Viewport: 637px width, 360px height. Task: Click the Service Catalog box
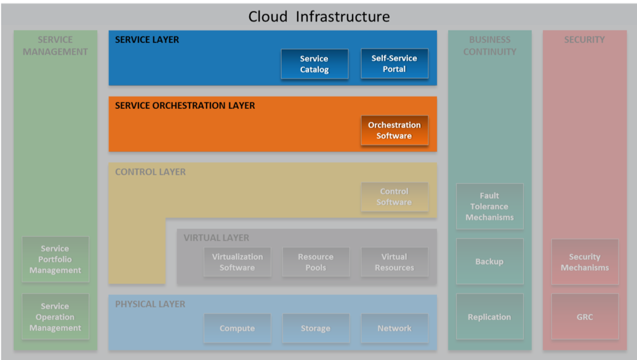tap(314, 64)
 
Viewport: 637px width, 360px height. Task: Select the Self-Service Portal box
tap(394, 63)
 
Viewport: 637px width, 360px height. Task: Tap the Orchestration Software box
tap(394, 130)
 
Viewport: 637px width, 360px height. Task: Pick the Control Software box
tap(394, 197)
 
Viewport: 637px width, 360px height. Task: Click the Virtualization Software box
tap(237, 262)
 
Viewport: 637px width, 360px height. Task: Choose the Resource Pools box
tap(316, 262)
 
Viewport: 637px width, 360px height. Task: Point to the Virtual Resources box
tap(394, 262)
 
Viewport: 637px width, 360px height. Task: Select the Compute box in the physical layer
tap(237, 329)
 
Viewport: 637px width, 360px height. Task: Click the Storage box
tap(316, 329)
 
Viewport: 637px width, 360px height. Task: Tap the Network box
tap(394, 329)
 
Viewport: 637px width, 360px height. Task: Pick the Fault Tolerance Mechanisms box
tap(489, 206)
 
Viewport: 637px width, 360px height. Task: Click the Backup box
tap(489, 262)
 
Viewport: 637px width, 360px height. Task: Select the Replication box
tap(489, 317)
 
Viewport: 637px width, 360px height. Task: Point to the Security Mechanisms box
tap(585, 262)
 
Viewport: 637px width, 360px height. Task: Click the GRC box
tap(585, 317)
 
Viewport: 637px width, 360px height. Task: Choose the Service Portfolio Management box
tap(55, 260)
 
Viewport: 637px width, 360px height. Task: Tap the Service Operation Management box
tap(55, 317)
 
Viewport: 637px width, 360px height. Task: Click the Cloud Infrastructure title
tap(319, 17)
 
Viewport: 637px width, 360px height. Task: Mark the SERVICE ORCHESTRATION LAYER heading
tap(185, 106)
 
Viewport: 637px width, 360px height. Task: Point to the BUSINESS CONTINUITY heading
tap(489, 46)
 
